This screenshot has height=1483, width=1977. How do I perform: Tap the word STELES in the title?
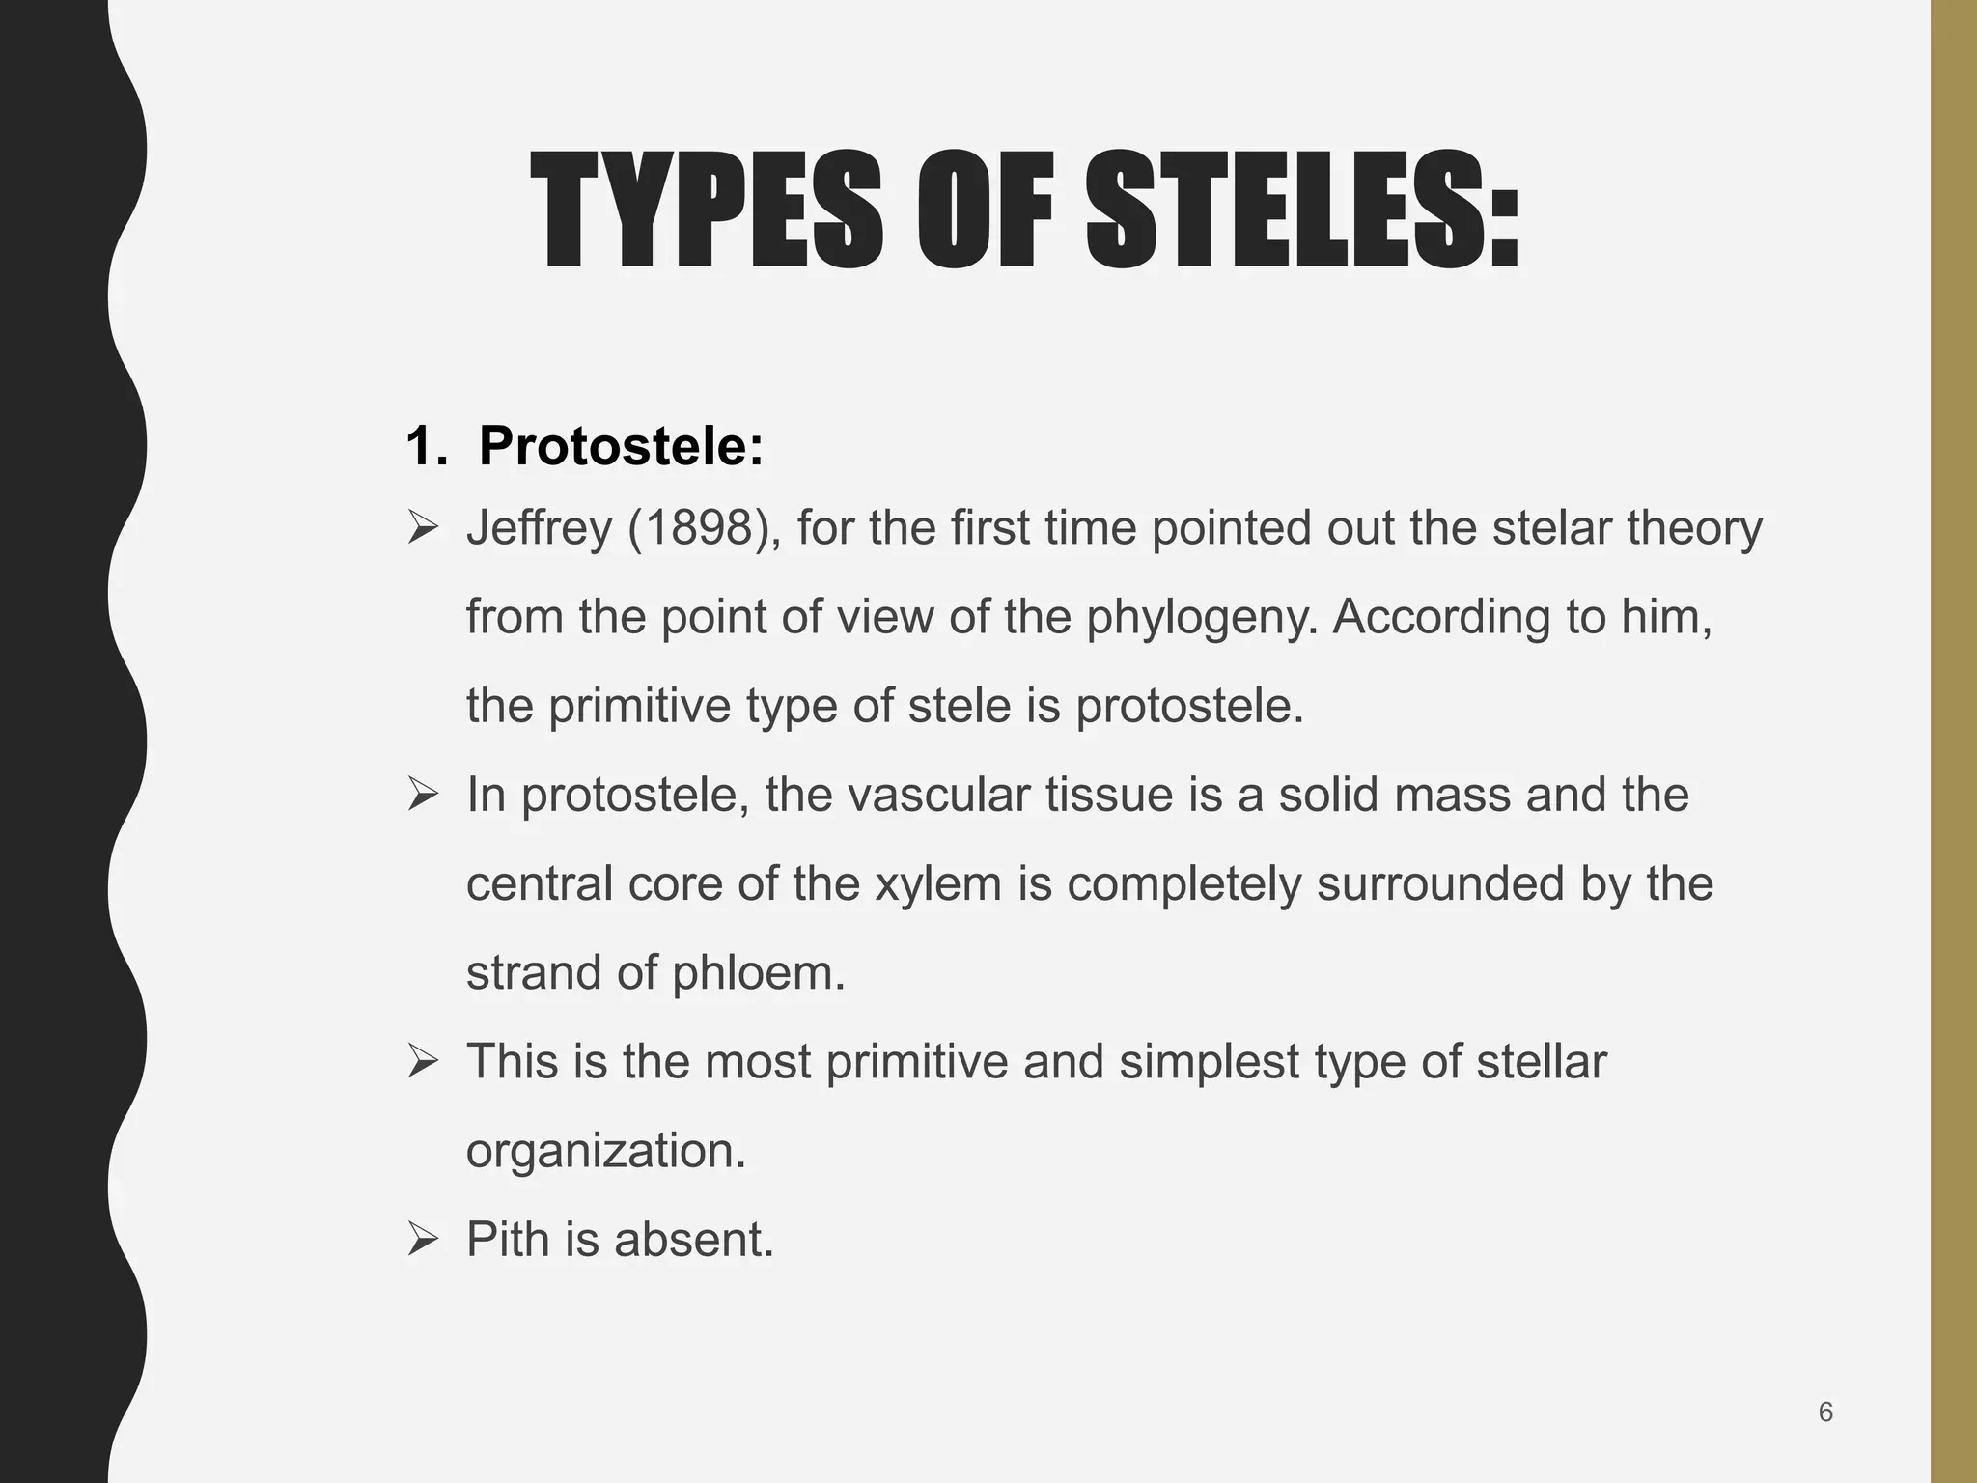click(x=1283, y=211)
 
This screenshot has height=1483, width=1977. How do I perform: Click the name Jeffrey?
click(x=539, y=528)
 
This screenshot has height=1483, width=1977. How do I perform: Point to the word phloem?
click(x=758, y=972)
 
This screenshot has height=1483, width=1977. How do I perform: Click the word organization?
click(x=605, y=1151)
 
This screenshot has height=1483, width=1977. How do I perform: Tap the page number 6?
click(x=1825, y=1413)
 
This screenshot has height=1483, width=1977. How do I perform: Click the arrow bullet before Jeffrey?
click(x=423, y=528)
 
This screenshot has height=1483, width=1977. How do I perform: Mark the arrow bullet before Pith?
click(x=423, y=1239)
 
